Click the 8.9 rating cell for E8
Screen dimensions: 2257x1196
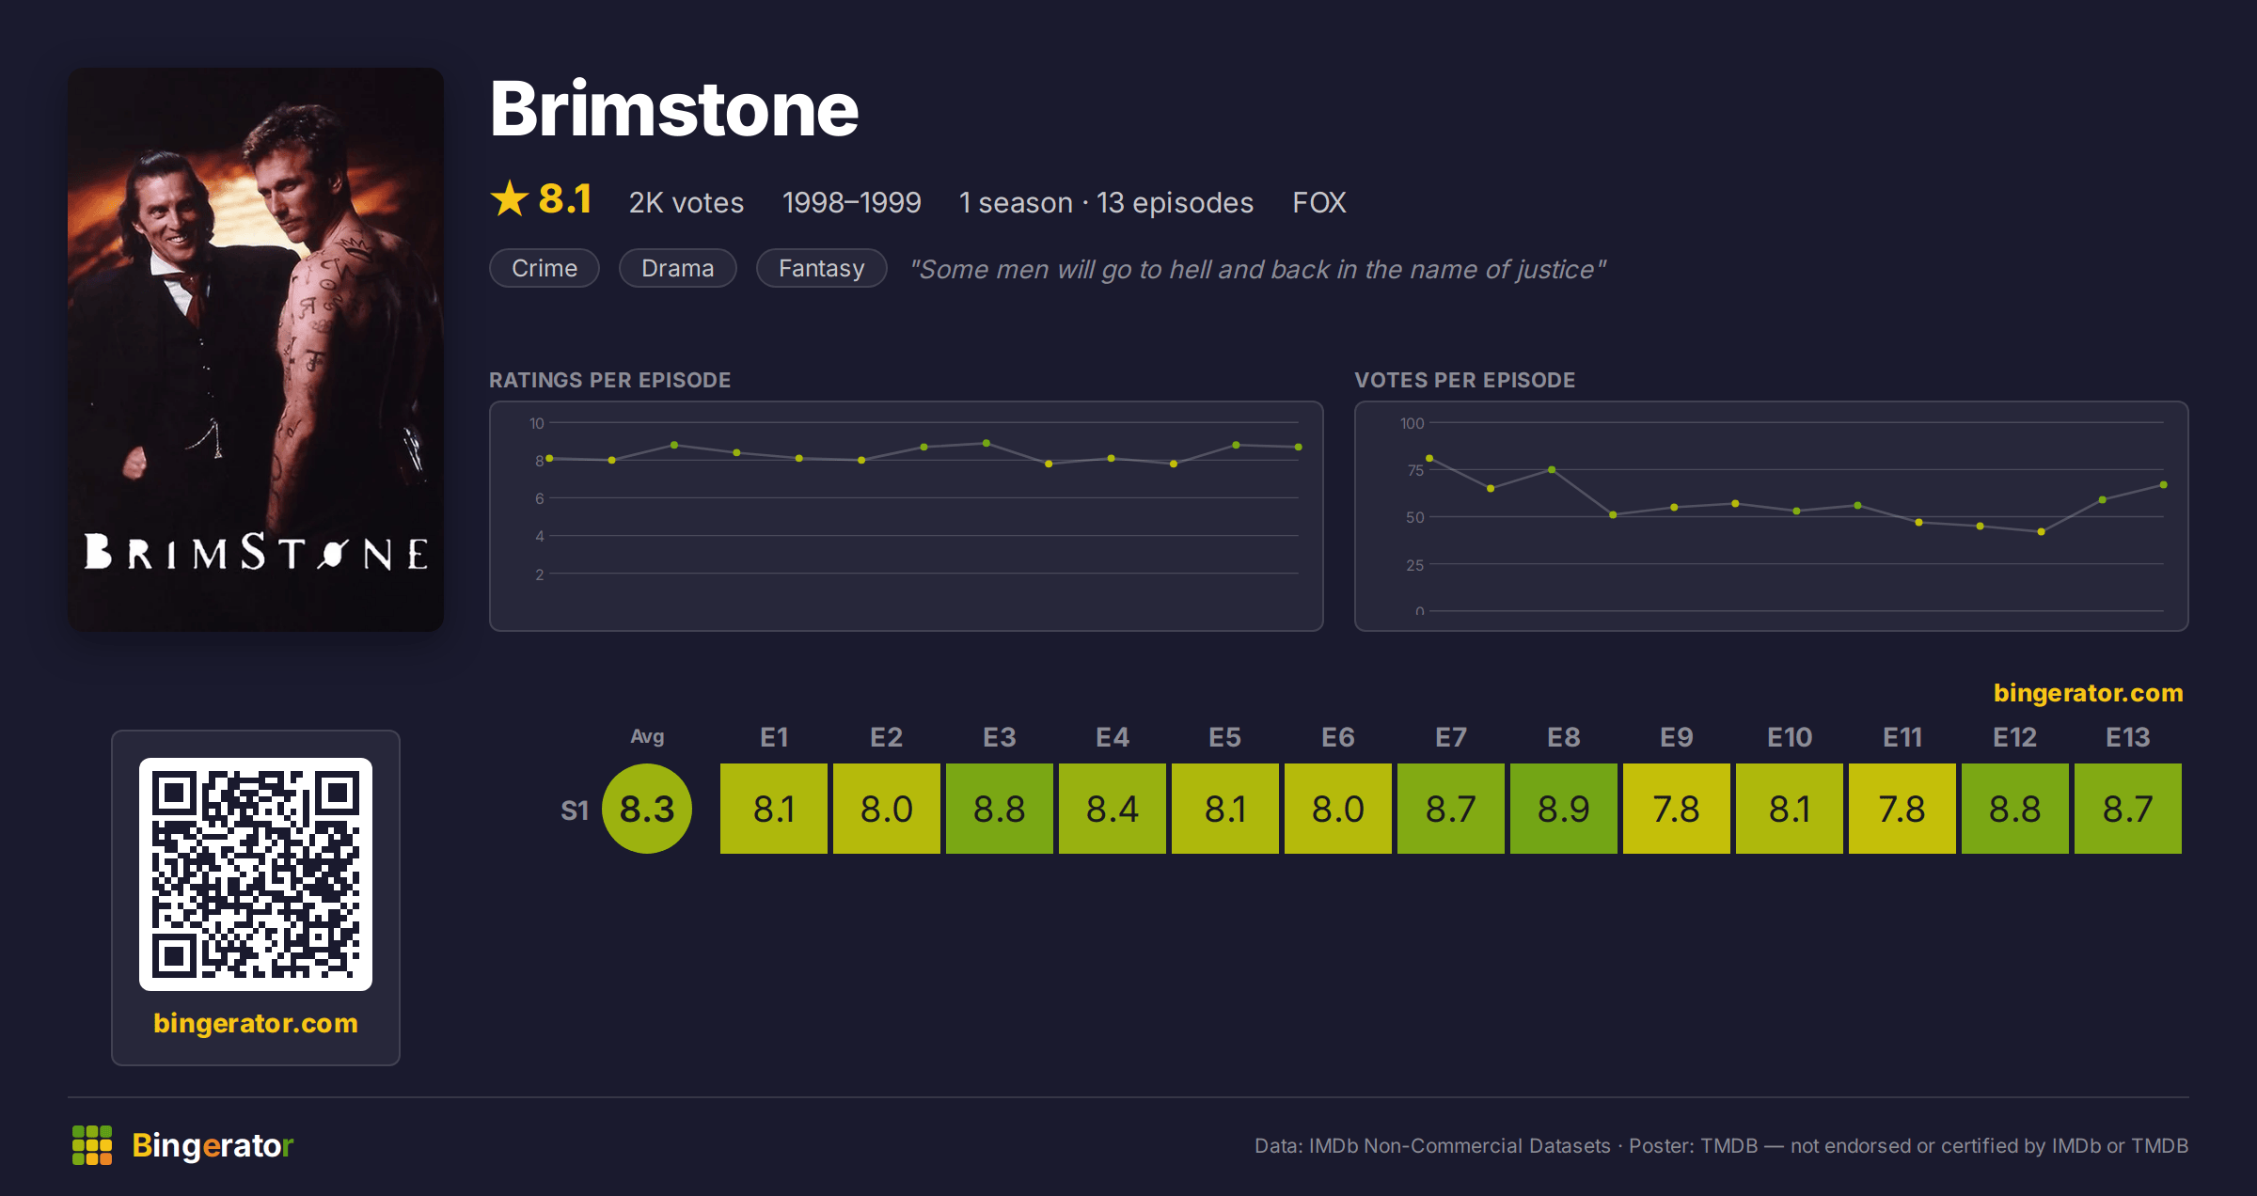click(1563, 809)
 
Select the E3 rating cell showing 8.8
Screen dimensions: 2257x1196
click(999, 809)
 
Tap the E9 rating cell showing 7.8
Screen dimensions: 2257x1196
click(1676, 809)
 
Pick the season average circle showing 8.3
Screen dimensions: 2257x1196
click(647, 809)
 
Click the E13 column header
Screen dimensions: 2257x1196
click(2127, 737)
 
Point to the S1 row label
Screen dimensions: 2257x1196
click(575, 810)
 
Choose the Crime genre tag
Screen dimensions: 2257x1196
click(545, 268)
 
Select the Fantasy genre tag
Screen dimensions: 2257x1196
click(821, 268)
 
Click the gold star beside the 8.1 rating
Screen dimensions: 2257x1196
click(510, 198)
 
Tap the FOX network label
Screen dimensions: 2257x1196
click(1318, 202)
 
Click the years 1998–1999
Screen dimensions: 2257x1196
click(851, 202)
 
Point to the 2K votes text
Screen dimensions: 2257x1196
click(687, 202)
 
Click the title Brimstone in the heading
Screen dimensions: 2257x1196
click(674, 109)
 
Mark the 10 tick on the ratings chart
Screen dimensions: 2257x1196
click(537, 423)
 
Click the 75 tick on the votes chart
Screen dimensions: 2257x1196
click(1415, 470)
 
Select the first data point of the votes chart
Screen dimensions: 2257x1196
click(1429, 458)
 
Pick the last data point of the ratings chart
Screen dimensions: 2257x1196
click(1299, 447)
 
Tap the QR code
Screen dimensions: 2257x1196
click(256, 874)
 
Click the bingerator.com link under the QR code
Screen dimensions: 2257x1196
click(256, 1023)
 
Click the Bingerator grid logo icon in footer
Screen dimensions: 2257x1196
click(92, 1145)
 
